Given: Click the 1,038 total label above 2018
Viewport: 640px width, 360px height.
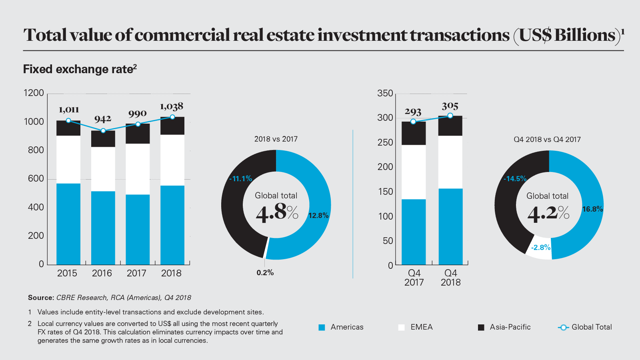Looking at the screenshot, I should pyautogui.click(x=172, y=106).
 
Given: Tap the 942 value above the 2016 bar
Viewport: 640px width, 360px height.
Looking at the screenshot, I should pyautogui.click(x=103, y=119).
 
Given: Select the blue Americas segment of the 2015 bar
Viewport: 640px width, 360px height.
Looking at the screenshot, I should pyautogui.click(x=68, y=224).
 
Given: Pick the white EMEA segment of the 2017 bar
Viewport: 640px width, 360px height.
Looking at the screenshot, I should pyautogui.click(x=138, y=169).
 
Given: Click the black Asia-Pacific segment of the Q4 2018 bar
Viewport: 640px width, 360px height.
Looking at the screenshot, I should pyautogui.click(x=450, y=126).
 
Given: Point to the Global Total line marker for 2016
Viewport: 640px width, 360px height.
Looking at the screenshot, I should pyautogui.click(x=103, y=131).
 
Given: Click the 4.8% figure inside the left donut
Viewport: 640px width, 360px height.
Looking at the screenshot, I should pyautogui.click(x=277, y=212).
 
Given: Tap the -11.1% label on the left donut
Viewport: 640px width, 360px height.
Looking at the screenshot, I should pyautogui.click(x=240, y=179).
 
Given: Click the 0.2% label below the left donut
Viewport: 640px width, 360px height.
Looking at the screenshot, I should pyautogui.click(x=265, y=273).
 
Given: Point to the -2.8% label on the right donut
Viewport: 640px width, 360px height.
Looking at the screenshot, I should pyautogui.click(x=541, y=248).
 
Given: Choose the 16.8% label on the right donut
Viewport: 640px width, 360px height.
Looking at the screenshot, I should pyautogui.click(x=592, y=209).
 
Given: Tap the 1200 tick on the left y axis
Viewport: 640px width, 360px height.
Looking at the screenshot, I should pyautogui.click(x=34, y=93).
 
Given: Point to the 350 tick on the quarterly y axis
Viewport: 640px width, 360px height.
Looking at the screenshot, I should pyautogui.click(x=385, y=94).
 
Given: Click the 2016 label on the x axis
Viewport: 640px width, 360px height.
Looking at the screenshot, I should pyautogui.click(x=102, y=273).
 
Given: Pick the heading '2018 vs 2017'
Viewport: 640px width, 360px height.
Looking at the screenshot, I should pyautogui.click(x=276, y=139).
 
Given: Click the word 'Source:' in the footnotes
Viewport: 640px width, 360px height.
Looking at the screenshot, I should pyautogui.click(x=41, y=298).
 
